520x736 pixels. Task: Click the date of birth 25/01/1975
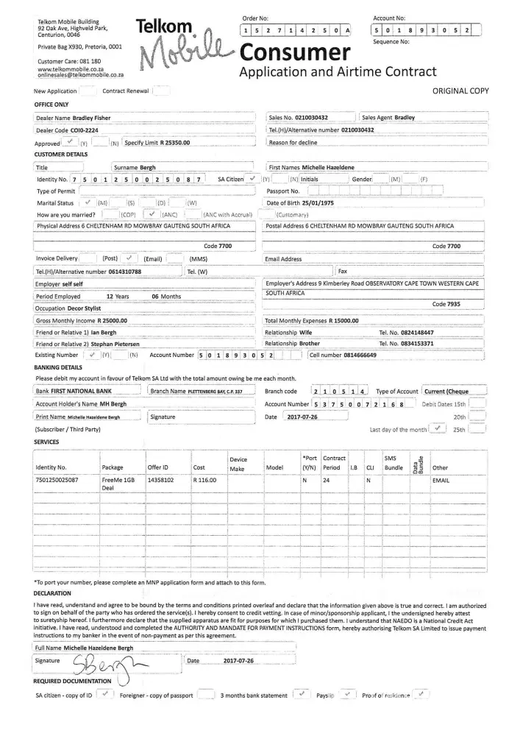[319, 202]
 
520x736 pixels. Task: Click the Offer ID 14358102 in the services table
[160, 479]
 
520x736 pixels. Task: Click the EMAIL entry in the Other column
[441, 479]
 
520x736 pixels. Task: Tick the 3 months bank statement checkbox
[300, 693]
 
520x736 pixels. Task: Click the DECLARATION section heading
[52, 592]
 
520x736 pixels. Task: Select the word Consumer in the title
[293, 52]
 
